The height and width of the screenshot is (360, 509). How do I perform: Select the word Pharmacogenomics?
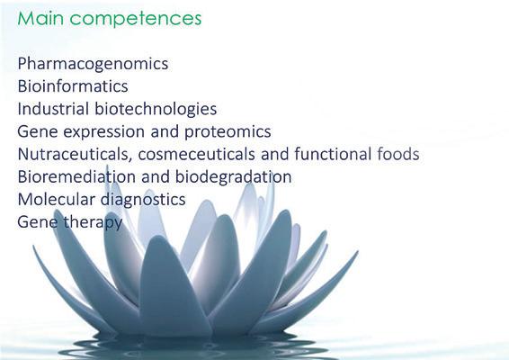coord(93,64)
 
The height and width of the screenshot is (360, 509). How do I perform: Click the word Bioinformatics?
coord(73,86)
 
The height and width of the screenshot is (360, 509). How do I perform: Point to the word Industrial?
coord(53,109)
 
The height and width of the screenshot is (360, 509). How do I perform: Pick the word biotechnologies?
coord(156,110)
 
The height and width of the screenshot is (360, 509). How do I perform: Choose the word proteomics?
coord(228,132)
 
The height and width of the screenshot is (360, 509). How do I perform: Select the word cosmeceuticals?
coord(197,154)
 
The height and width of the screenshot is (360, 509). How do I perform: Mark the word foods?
coord(398,154)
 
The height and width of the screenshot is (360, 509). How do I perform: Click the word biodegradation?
coord(234,177)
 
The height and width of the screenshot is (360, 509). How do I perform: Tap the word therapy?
coord(93,223)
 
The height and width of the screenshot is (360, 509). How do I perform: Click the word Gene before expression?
coord(38,131)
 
